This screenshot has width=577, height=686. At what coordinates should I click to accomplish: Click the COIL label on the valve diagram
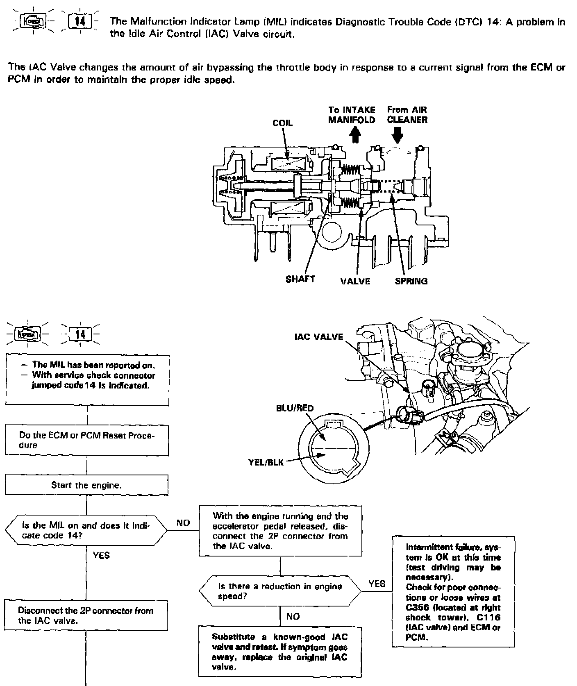(x=282, y=123)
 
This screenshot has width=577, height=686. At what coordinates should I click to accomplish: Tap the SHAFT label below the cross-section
(x=300, y=279)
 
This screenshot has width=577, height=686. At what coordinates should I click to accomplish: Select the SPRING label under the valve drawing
(x=411, y=281)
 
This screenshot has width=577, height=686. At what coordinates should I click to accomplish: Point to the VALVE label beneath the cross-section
(x=355, y=281)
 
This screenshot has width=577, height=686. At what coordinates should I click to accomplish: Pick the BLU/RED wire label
(x=295, y=408)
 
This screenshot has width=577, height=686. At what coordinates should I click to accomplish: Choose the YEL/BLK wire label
(x=266, y=462)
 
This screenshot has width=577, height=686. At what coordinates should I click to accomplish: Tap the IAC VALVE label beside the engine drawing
(x=318, y=337)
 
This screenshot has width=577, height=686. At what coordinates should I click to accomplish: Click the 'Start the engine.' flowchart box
(x=86, y=485)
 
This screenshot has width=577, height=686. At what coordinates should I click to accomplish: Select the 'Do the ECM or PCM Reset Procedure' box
(x=86, y=440)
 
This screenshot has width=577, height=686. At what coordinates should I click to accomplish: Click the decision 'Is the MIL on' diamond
(x=86, y=530)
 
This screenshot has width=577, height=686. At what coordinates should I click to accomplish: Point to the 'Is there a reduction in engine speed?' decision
(x=280, y=591)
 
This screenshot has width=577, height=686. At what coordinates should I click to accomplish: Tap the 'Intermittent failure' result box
(x=453, y=592)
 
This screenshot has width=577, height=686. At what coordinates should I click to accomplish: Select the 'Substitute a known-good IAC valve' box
(x=280, y=652)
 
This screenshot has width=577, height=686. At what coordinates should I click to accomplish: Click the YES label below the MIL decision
(x=101, y=555)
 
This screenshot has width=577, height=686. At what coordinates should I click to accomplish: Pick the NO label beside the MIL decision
(x=183, y=523)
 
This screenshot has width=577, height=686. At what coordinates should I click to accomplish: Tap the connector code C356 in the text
(x=417, y=607)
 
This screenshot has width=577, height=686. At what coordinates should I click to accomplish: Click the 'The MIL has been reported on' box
(x=87, y=379)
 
